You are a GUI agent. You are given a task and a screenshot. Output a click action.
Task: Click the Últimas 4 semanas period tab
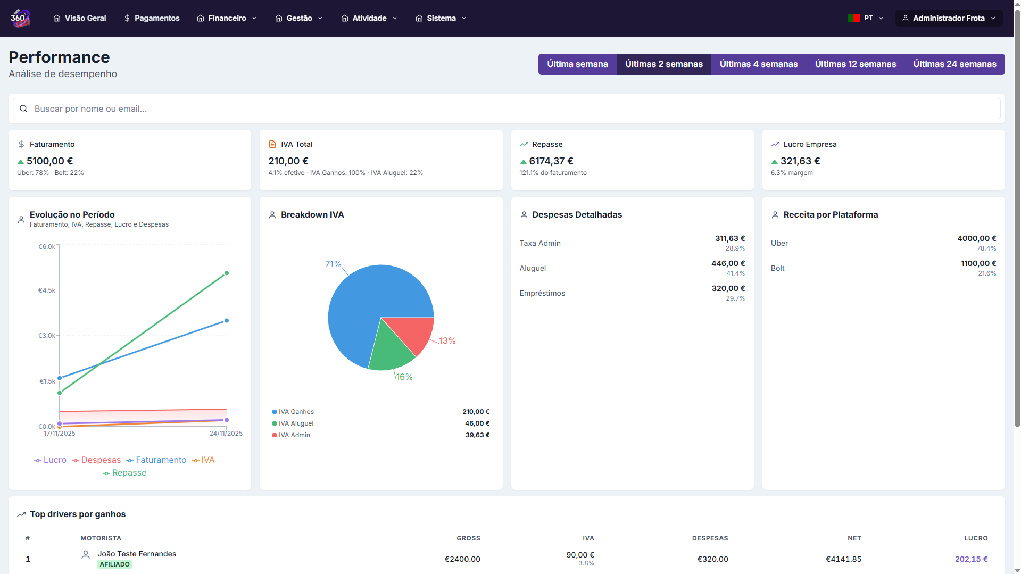click(x=759, y=64)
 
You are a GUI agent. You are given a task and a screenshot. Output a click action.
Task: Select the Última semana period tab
click(x=577, y=64)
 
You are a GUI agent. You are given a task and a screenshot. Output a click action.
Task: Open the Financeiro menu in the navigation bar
click(x=227, y=18)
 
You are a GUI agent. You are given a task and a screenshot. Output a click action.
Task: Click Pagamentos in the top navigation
click(x=152, y=18)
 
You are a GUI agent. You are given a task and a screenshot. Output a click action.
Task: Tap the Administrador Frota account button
click(x=949, y=18)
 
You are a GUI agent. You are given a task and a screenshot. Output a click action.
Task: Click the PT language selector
click(x=866, y=18)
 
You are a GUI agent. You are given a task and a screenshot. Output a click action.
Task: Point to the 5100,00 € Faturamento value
click(x=49, y=161)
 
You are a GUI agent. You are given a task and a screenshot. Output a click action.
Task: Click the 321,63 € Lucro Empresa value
click(x=800, y=161)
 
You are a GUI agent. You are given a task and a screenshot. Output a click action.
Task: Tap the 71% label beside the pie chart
click(x=333, y=264)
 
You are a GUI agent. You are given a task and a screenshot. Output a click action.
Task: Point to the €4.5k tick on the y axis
click(x=47, y=290)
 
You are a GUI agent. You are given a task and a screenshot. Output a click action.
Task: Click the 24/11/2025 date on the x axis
click(x=226, y=434)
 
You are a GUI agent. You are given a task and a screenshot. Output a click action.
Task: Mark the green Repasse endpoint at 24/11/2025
click(x=227, y=273)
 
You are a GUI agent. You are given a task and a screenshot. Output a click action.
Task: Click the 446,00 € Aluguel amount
click(x=728, y=263)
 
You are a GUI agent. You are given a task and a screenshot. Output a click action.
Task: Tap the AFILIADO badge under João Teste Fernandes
click(x=114, y=564)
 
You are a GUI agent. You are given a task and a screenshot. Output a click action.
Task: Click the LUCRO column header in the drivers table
click(x=975, y=538)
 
